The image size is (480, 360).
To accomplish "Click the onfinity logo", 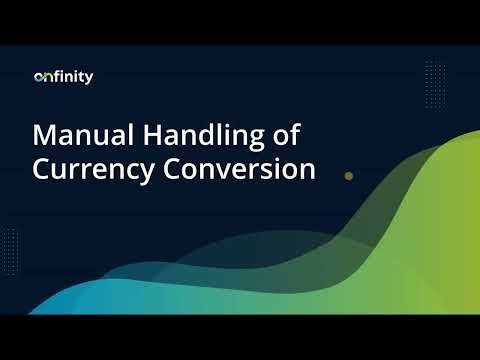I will [63, 76].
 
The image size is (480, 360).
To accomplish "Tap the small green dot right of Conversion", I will [348, 175].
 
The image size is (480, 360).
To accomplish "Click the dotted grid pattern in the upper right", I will [434, 78].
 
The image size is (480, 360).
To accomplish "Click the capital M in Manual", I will [45, 134].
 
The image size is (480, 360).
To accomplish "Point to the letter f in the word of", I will [297, 133].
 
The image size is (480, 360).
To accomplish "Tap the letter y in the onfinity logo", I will [89, 79].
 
